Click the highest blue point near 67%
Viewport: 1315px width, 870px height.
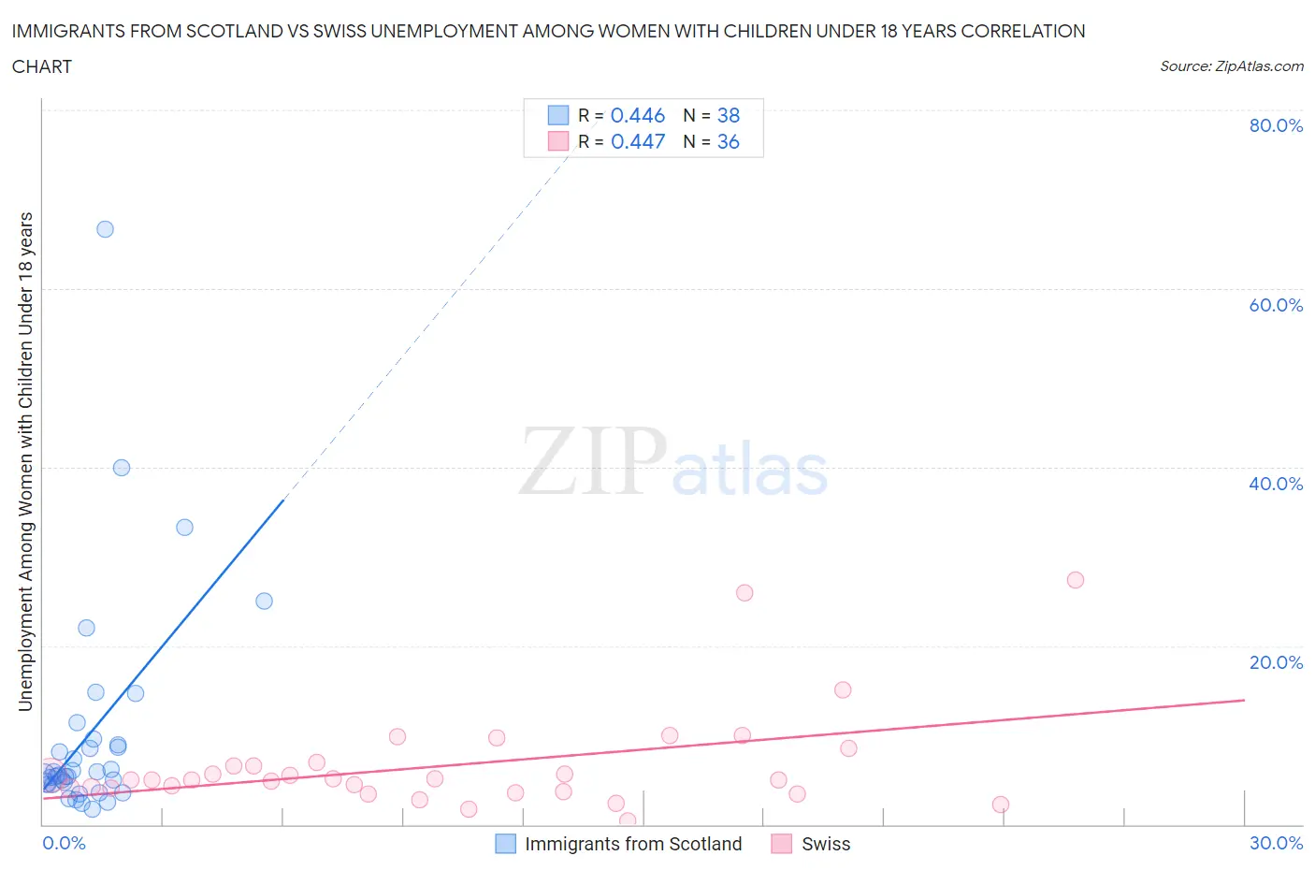[x=105, y=229]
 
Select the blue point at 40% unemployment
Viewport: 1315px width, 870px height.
[x=122, y=468]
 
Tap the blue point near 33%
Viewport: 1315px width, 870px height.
[x=184, y=528]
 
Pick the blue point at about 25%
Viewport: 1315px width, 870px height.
[x=264, y=602]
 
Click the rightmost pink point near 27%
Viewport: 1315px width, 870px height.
[x=1076, y=580]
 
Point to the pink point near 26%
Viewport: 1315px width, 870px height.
[x=744, y=592]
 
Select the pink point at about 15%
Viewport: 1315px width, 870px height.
[x=843, y=690]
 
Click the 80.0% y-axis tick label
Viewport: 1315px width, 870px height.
[x=1275, y=125]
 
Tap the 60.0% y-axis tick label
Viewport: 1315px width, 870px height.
[x=1275, y=305]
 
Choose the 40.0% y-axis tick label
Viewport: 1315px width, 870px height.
[x=1275, y=484]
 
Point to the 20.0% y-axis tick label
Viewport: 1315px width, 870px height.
[x=1275, y=662]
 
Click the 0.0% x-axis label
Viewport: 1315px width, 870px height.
[x=64, y=843]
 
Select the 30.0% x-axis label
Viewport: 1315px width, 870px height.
[x=1276, y=843]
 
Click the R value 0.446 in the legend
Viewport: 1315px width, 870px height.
[x=637, y=115]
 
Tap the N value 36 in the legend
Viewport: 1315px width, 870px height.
[x=728, y=141]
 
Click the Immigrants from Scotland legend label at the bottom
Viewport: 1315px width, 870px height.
[x=633, y=844]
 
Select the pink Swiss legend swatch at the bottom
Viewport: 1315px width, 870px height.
[x=782, y=844]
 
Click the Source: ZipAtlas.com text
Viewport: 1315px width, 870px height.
[x=1231, y=66]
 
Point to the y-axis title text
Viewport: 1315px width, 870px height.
[x=26, y=461]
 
